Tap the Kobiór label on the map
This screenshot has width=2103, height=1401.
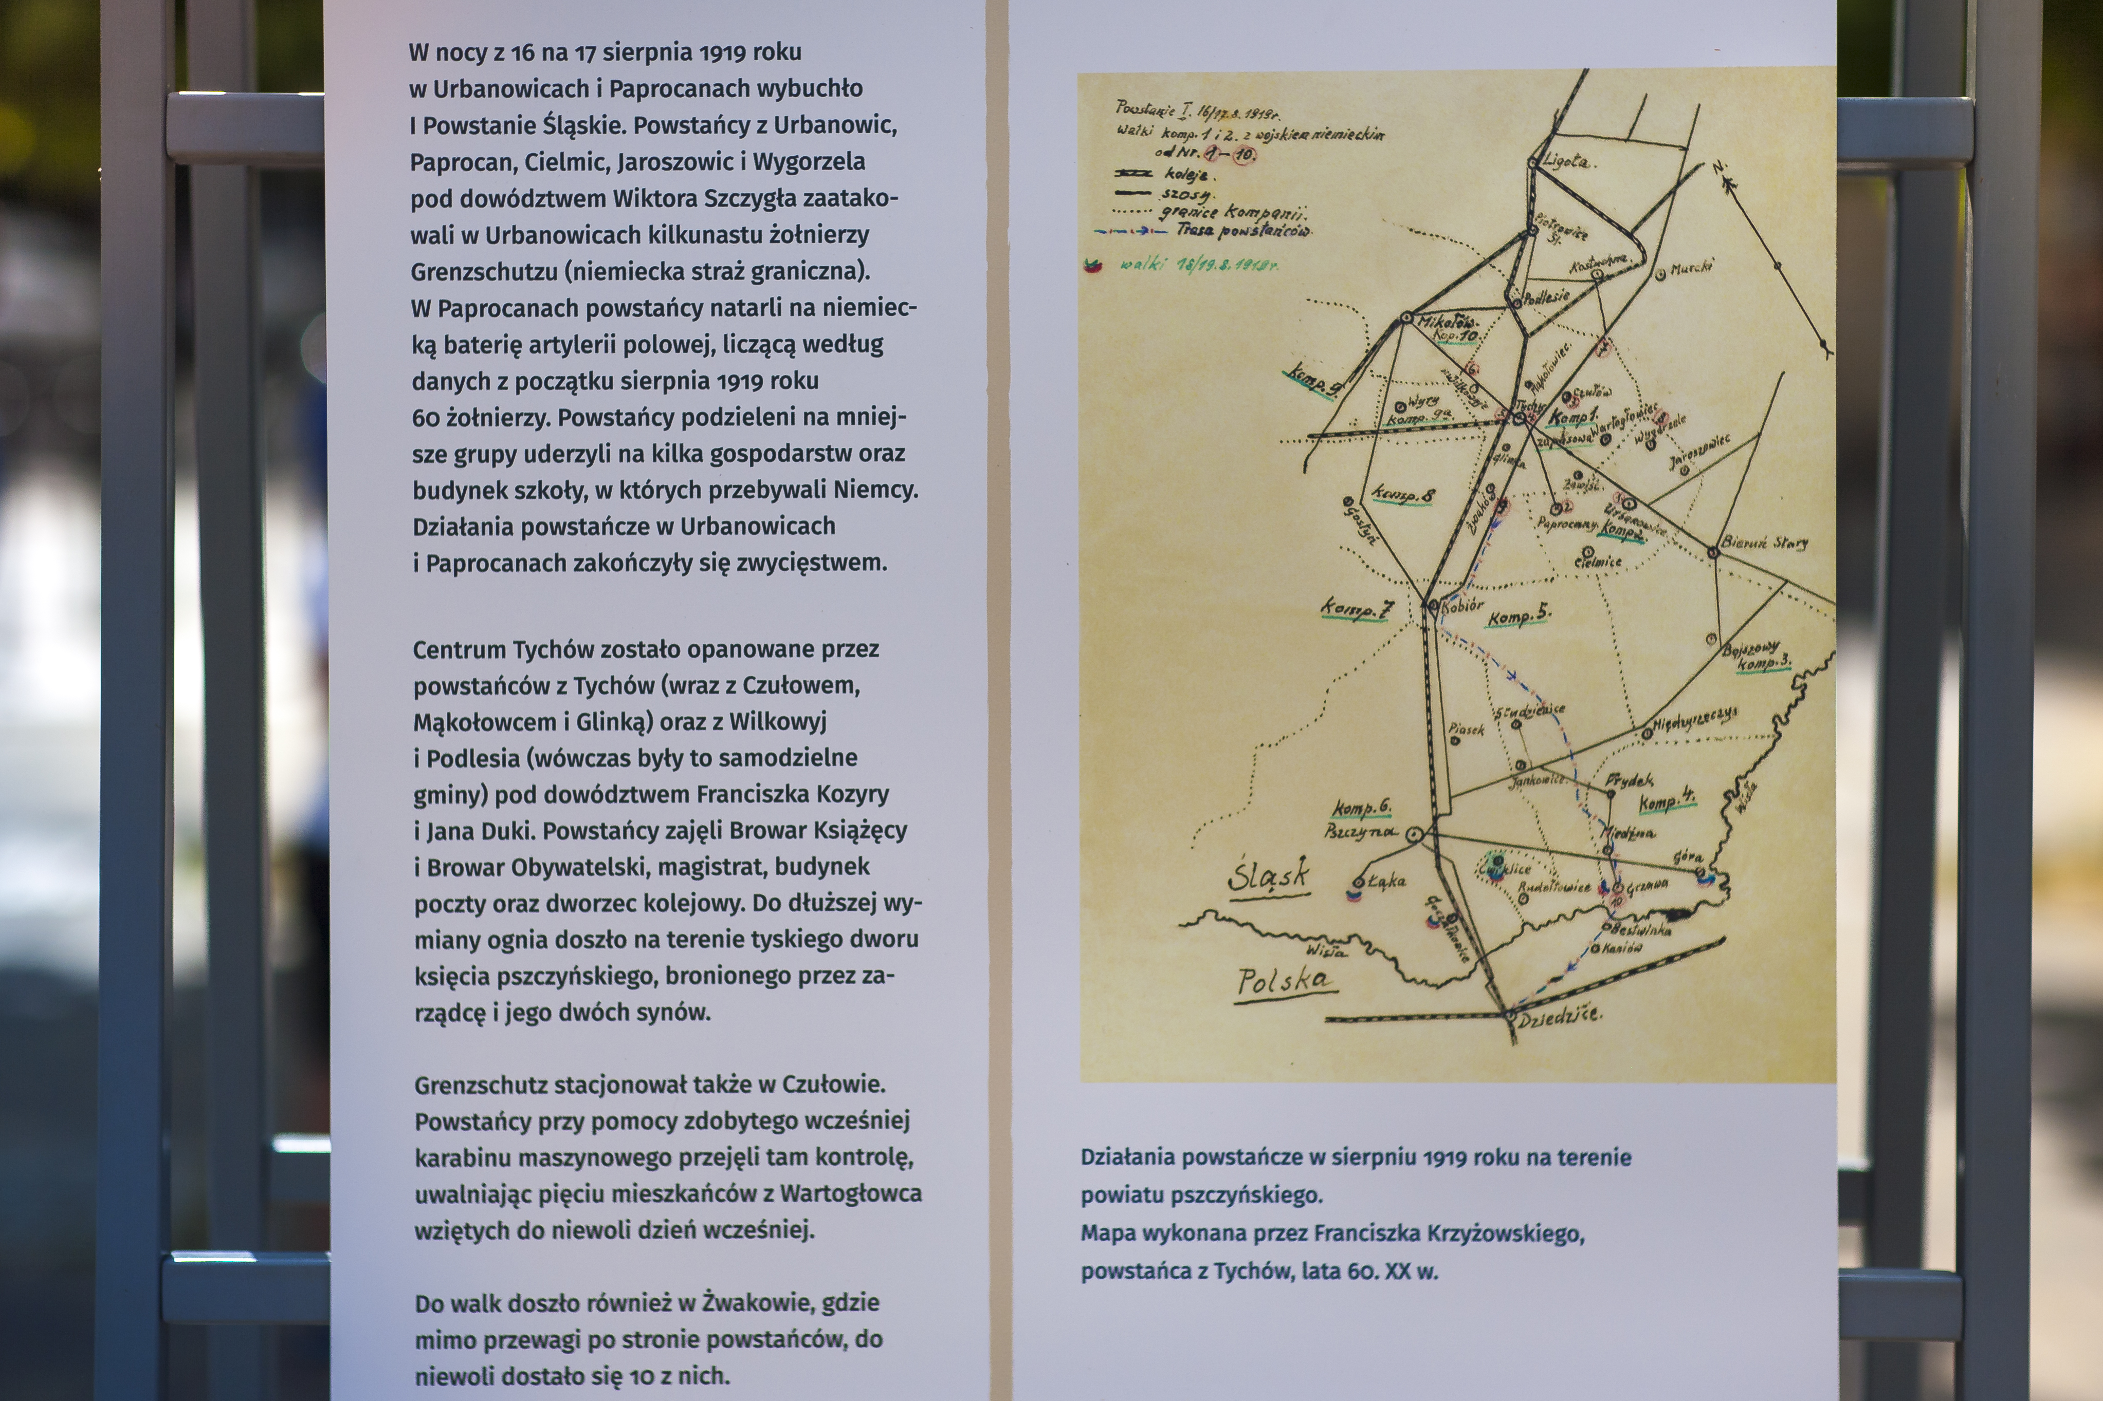point(1462,606)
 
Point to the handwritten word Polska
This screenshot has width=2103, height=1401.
point(1284,982)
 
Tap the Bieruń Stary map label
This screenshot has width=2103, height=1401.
point(1764,543)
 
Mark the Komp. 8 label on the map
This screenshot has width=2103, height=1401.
point(1403,494)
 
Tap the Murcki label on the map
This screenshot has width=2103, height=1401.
point(1690,268)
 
